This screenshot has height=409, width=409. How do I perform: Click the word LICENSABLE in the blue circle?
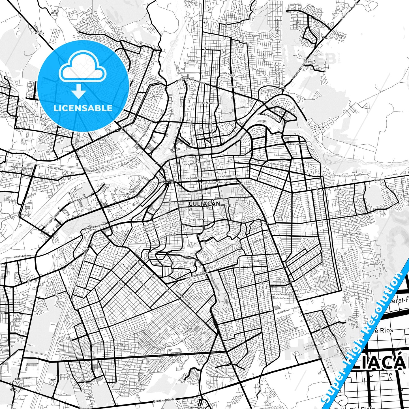(x=83, y=108)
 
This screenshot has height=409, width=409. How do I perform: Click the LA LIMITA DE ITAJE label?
(x=318, y=129)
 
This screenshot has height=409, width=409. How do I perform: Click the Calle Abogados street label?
(x=208, y=103)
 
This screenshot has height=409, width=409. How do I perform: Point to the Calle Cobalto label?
(x=252, y=36)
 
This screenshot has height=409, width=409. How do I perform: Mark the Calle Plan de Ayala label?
(x=352, y=234)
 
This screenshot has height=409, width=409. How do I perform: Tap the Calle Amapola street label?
(x=255, y=261)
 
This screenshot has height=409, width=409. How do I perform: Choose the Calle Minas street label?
(x=284, y=312)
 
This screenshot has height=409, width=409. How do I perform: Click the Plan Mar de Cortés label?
(x=164, y=399)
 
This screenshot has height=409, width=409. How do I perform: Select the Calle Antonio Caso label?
(x=280, y=164)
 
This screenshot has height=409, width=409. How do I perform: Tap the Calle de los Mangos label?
(x=297, y=144)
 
